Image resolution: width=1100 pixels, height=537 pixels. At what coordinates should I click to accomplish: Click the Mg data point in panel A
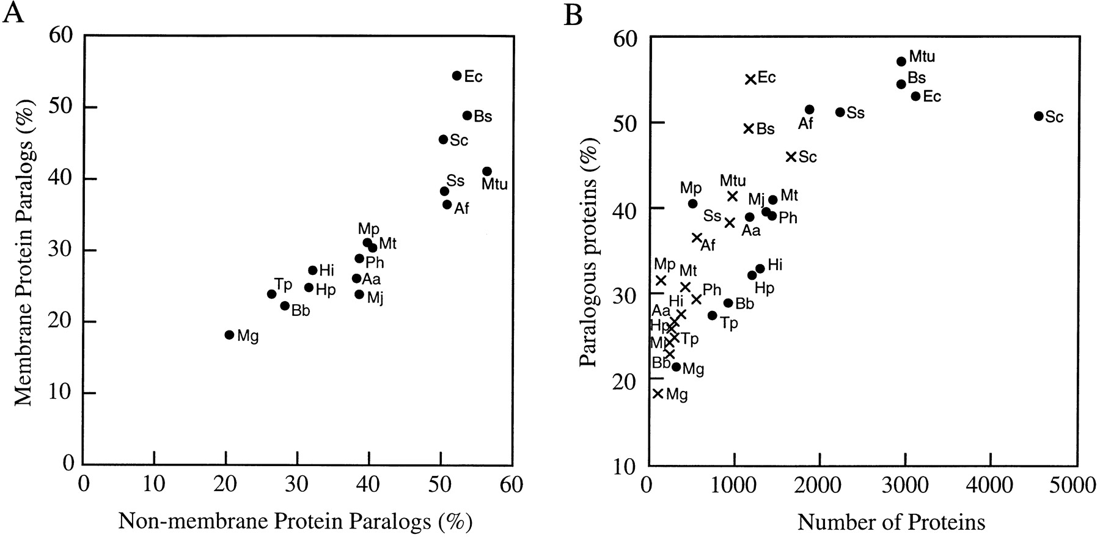pos(229,335)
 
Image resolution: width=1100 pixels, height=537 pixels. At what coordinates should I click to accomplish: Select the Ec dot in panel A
pos(457,76)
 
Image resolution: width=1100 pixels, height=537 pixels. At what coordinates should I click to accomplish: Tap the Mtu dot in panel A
pos(487,172)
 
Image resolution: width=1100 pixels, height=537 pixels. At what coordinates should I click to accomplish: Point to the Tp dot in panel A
pos(272,294)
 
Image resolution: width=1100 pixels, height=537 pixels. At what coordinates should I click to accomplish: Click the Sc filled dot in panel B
pos(1038,116)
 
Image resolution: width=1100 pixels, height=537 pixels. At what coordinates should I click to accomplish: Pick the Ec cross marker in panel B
pos(750,79)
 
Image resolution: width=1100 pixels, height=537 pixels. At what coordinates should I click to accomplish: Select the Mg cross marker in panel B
pos(658,393)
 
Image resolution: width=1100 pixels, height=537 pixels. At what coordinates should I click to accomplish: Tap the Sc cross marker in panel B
pos(791,157)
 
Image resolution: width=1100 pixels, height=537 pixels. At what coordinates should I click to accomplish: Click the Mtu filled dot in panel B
pos(901,61)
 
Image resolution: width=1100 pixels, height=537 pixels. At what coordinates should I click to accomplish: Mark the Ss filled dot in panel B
pos(840,112)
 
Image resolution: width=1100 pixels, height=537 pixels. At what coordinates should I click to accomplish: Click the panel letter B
pos(573,15)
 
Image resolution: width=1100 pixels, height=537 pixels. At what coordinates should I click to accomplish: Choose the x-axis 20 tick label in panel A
pos(226,484)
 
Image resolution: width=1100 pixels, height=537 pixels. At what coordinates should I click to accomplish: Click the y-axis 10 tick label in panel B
pos(624,467)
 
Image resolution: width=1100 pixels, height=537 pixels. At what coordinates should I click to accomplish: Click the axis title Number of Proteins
pos(891,522)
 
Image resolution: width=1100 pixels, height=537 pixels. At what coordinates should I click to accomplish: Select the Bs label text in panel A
pos(483,116)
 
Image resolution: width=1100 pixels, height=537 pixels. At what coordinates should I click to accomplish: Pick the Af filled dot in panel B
pos(810,109)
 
